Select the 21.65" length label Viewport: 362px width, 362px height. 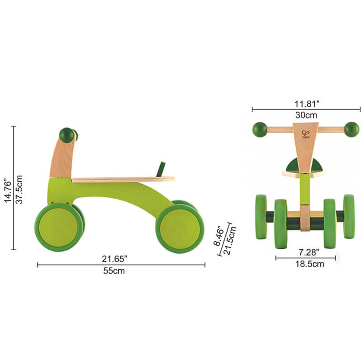[x=114, y=258]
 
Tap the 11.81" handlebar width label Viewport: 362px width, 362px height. [x=306, y=103]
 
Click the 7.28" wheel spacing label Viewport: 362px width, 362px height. [x=305, y=252]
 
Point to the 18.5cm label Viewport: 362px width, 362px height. [x=305, y=264]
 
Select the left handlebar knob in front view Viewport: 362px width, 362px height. [x=260, y=129]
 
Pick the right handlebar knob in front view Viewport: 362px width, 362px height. [x=352, y=129]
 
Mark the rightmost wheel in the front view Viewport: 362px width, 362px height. [x=349, y=216]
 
